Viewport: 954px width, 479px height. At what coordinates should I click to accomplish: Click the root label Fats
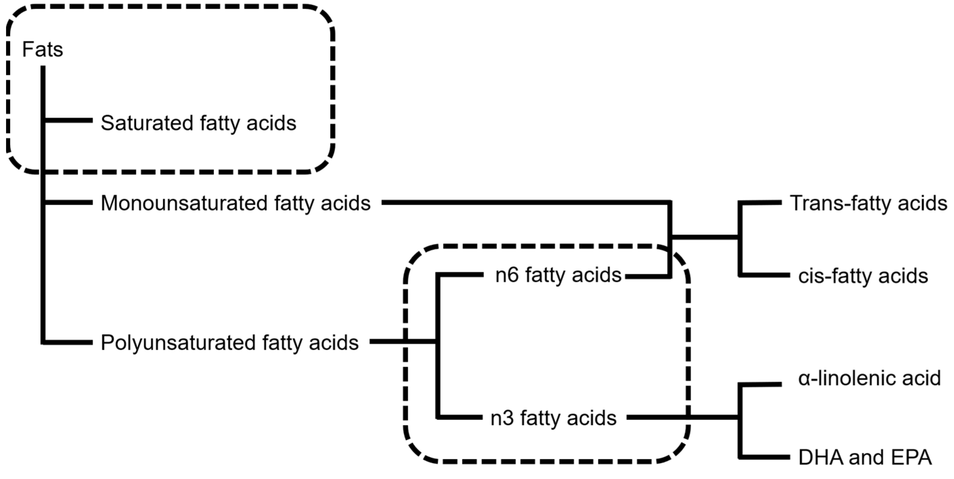click(x=43, y=49)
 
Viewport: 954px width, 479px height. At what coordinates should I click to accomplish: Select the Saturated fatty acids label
click(x=199, y=123)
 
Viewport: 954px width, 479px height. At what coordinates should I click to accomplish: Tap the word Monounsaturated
click(x=185, y=203)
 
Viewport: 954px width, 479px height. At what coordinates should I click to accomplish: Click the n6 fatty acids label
click(x=558, y=275)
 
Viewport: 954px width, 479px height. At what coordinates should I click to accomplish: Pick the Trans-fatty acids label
click(x=868, y=203)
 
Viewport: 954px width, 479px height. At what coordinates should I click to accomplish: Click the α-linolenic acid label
click(x=869, y=378)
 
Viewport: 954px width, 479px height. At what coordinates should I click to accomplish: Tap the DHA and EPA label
click(x=865, y=458)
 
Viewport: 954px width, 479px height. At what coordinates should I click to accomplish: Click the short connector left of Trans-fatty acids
click(x=761, y=202)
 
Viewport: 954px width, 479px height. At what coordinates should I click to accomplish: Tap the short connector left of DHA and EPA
click(x=765, y=457)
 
